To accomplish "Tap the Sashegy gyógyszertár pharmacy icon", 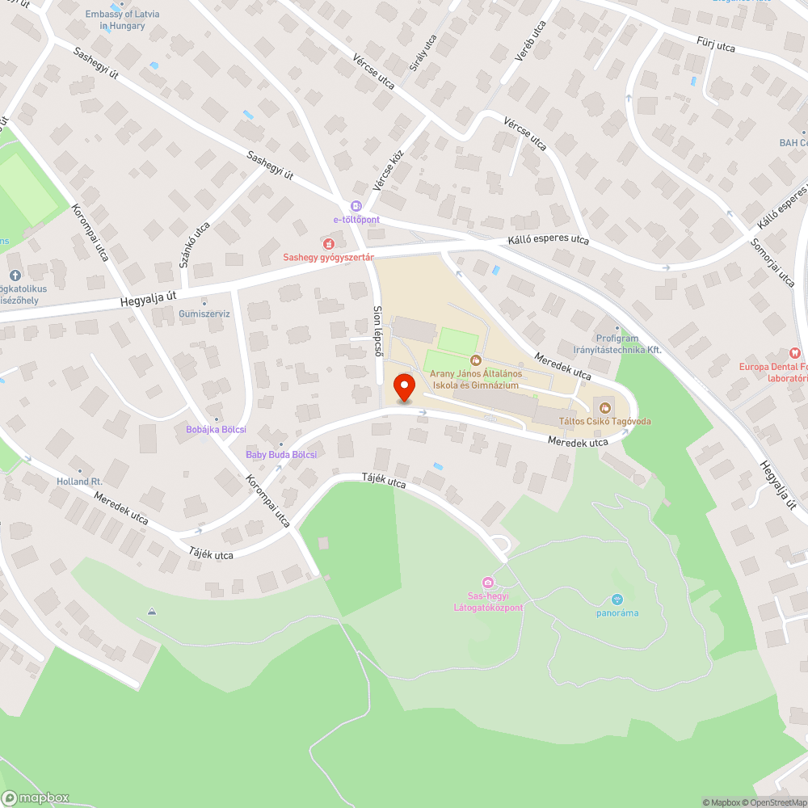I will click(x=328, y=243).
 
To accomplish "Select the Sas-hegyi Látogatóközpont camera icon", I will click(x=487, y=583).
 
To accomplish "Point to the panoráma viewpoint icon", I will click(x=617, y=600).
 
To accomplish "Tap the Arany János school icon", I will click(x=476, y=360).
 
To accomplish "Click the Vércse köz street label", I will click(x=388, y=166).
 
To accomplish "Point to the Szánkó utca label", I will click(x=195, y=244).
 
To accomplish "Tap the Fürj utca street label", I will click(x=716, y=44).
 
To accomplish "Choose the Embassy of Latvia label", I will click(x=123, y=20).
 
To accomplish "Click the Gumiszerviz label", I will click(x=204, y=314).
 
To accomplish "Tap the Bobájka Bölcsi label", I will click(x=216, y=429).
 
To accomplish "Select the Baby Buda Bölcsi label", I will click(x=281, y=455).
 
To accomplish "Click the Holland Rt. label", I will click(x=79, y=481).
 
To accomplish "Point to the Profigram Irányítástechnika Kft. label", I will click(x=628, y=344).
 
